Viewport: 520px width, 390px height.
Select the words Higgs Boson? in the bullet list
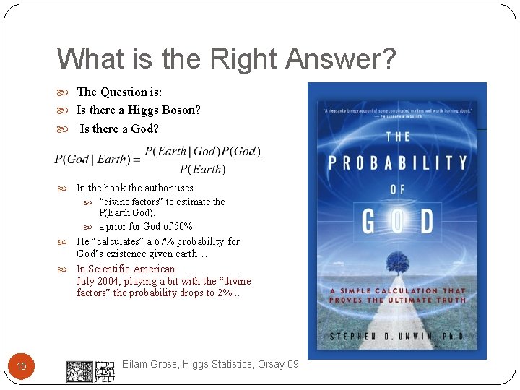tap(164, 110)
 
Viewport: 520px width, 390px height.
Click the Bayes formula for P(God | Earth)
tap(158, 160)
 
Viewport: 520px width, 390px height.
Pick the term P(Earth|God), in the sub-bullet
tap(127, 213)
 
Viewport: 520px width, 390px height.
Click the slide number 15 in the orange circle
tap(22, 367)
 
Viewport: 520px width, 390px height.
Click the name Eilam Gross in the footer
tap(149, 365)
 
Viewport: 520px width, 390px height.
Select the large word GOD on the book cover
tap(397, 222)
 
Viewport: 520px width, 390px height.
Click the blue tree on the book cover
tap(398, 260)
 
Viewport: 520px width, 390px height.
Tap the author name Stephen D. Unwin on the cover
tap(397, 337)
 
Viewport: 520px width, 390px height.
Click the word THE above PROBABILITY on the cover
tap(398, 136)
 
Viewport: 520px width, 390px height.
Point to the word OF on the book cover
tap(398, 189)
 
